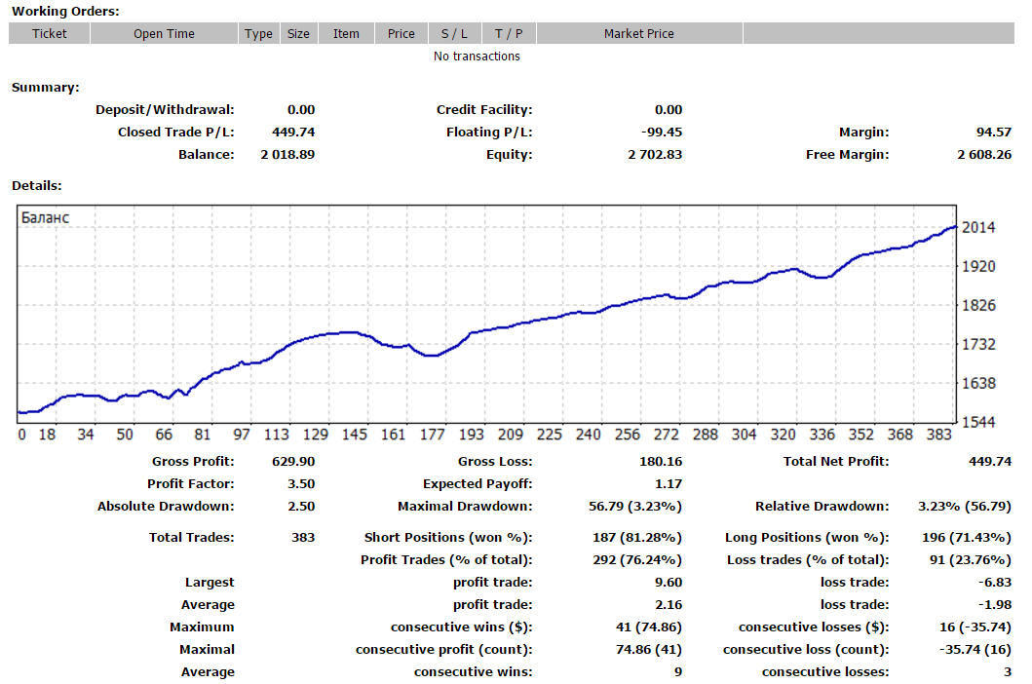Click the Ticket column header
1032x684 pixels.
tap(50, 33)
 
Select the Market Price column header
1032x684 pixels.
tap(639, 33)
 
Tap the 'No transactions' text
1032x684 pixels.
tap(477, 56)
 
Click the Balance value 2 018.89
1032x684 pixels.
tap(287, 154)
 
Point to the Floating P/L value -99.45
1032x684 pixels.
tap(662, 132)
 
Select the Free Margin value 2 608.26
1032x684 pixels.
tap(984, 154)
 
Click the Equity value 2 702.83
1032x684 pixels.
tap(655, 154)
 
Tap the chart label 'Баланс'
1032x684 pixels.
tap(45, 217)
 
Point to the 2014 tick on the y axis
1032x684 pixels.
tap(978, 227)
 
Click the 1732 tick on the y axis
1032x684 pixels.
tap(978, 344)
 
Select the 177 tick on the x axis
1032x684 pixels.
tap(433, 435)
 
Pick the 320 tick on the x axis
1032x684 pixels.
tap(784, 435)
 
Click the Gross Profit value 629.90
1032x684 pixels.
tap(293, 462)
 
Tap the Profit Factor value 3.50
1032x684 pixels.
tap(301, 484)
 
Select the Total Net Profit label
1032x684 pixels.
tap(836, 462)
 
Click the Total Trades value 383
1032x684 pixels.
tap(303, 537)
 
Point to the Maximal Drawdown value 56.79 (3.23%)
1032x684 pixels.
tap(635, 507)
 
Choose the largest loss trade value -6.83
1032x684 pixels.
tap(995, 582)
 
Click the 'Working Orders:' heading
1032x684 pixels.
tap(66, 11)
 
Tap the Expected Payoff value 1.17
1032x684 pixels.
tap(669, 484)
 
